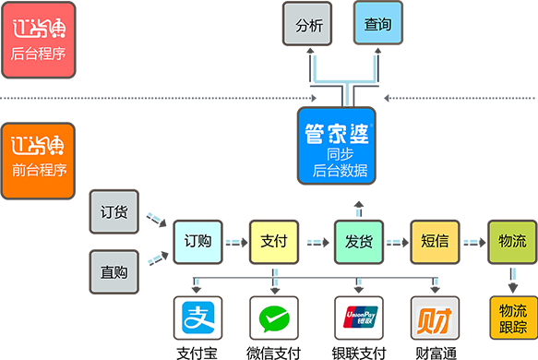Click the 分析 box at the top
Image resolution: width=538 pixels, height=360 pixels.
307,24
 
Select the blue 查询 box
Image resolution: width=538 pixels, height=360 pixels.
378,24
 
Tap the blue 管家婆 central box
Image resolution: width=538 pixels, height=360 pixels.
337,145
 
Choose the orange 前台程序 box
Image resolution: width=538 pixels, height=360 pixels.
38,160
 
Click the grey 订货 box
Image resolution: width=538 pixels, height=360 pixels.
114,211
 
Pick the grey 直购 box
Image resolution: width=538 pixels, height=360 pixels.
114,272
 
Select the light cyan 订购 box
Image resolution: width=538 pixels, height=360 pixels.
197,242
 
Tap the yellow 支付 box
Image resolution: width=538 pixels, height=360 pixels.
274,242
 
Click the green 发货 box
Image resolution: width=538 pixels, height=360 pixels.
358,242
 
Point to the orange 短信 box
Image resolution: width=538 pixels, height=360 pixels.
434,242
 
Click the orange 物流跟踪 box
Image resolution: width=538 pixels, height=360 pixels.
512,318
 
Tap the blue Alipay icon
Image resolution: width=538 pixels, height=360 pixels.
197,319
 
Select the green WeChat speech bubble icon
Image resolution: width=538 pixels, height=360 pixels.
274,319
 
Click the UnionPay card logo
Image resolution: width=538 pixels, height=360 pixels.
358,319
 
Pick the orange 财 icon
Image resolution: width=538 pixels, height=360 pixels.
434,319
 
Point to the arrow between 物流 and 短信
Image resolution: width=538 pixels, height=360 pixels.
472,236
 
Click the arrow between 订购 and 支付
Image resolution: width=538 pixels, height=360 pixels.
235,236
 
